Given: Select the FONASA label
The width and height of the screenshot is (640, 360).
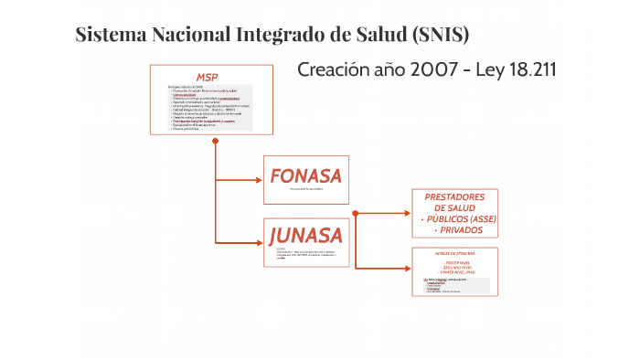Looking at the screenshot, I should point(305,175).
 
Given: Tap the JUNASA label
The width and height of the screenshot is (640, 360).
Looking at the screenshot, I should point(305,235).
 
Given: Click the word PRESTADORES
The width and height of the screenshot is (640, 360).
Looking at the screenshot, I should point(455,197).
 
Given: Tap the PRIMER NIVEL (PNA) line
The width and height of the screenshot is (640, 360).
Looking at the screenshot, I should point(455,272).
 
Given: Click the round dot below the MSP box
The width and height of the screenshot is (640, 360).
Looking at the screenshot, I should point(215,140).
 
